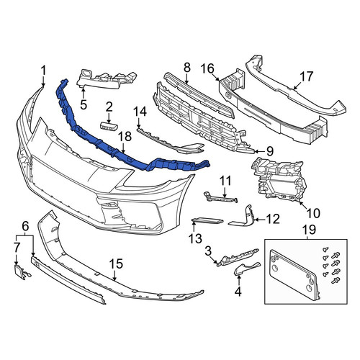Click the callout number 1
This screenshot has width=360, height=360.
coord(43,71)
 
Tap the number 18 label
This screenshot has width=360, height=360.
coord(125,137)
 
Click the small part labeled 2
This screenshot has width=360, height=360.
coord(109,127)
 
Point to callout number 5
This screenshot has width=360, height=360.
coord(84,104)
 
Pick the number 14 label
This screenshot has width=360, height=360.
coord(140,112)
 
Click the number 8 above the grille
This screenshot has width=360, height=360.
coord(187,68)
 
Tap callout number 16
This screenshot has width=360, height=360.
coord(207,68)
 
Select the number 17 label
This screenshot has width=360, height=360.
coord(307,76)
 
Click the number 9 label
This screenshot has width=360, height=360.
coord(270,151)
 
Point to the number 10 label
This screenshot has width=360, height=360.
coord(313,213)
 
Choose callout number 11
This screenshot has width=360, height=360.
coord(225,181)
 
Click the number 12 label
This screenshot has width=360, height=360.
coord(273,219)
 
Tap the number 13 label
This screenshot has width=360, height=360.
coord(195,238)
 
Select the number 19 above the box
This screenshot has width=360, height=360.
coord(309,230)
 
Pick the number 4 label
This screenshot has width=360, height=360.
coord(238,291)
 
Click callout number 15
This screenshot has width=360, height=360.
coord(116,264)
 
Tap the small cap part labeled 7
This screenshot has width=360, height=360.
coord(22,272)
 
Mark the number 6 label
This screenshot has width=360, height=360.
coord(25,226)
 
